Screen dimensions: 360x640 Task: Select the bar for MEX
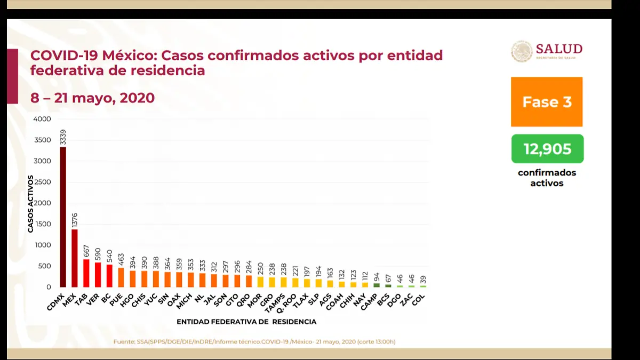coord(75,258)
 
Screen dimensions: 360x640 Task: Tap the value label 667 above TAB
coord(86,251)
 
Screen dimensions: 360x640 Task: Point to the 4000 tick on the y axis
coord(42,119)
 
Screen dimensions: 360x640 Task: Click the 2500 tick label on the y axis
coord(42,182)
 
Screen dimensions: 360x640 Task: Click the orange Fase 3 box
coord(547,102)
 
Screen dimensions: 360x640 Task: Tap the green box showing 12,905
coord(547,149)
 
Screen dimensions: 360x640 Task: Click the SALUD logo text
coord(559,50)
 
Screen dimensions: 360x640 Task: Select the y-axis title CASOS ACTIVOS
coord(30,203)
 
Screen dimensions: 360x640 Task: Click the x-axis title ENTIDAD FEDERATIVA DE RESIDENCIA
coord(246,322)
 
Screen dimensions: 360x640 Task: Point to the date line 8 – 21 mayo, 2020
coord(92,98)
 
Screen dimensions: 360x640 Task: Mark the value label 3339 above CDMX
coord(63,137)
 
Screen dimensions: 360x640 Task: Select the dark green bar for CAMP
coord(377,285)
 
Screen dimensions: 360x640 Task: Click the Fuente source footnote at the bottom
coord(254,341)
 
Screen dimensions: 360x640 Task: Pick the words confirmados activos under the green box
coord(547,178)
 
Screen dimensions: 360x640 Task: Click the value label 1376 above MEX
coord(75,219)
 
